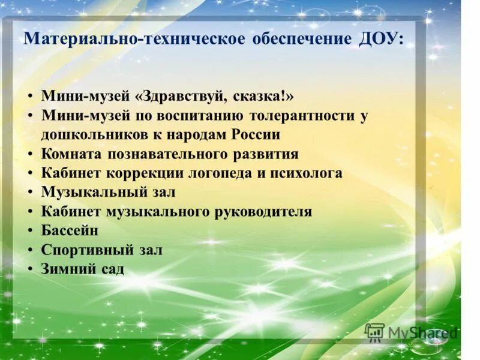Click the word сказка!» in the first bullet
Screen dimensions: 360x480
266,97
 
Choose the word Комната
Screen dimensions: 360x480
71,154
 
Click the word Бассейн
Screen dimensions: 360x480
70,231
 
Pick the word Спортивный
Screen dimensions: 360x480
83,250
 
